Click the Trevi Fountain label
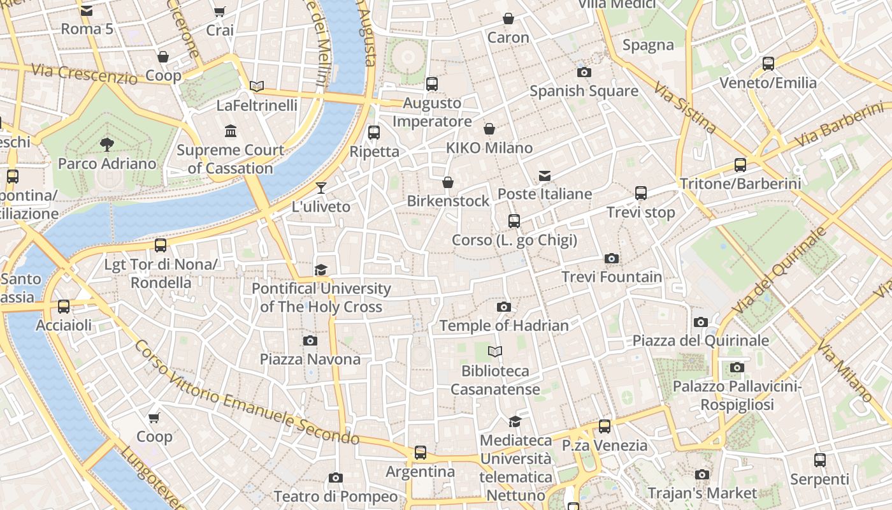612,277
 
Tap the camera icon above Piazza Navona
310,340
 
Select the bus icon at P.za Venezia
605,426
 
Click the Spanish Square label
584,91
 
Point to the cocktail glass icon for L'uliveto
321,187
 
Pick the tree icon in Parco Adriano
107,145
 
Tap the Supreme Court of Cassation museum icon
231,131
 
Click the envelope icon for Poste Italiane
545,175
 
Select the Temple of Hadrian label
504,326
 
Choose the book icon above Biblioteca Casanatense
495,351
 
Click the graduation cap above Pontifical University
320,270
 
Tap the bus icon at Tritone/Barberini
740,165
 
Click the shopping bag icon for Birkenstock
448,182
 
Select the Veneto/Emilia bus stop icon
768,64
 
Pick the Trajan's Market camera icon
702,474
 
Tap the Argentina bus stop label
421,472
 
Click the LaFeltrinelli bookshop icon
257,86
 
